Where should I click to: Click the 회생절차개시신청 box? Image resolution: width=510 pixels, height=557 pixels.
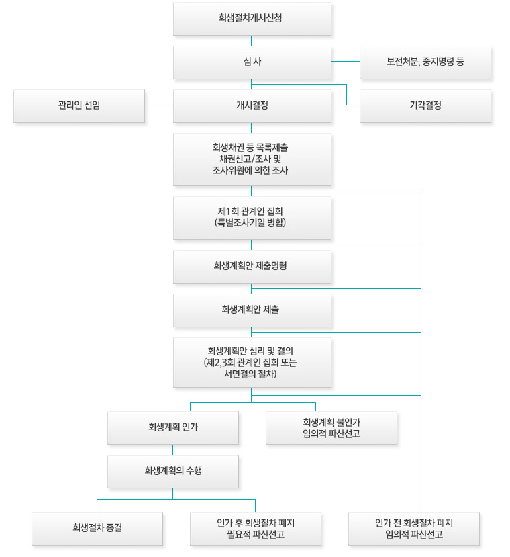252,19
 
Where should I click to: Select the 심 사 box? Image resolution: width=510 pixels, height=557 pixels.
252,62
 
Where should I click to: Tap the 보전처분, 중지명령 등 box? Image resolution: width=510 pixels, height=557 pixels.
425,62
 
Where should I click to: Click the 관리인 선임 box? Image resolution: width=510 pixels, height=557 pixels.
79,106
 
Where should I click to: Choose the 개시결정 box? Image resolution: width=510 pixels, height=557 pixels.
252,106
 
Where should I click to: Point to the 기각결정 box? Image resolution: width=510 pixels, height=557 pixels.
425,106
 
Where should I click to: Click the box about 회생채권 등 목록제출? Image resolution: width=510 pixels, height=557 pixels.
252,159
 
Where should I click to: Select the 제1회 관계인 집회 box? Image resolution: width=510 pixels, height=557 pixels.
252,218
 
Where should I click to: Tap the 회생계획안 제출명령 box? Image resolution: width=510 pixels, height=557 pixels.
252,267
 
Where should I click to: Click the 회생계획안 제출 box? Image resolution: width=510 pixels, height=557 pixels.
252,310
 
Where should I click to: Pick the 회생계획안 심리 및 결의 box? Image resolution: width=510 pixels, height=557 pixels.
252,362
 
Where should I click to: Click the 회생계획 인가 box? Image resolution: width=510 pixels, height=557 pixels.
173,428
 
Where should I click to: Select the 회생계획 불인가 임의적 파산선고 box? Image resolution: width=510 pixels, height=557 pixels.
331,428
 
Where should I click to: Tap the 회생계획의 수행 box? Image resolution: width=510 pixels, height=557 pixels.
173,472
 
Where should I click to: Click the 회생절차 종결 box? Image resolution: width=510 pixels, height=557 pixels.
97,529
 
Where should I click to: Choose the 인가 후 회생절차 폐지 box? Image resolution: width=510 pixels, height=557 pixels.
256,529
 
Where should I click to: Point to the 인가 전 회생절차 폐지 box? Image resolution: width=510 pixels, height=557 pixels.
414,529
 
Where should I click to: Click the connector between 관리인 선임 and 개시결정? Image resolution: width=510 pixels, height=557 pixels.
159,105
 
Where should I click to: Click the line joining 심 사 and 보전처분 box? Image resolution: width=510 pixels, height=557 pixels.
346,61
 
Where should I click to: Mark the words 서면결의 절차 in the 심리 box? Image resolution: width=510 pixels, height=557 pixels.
250,374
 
